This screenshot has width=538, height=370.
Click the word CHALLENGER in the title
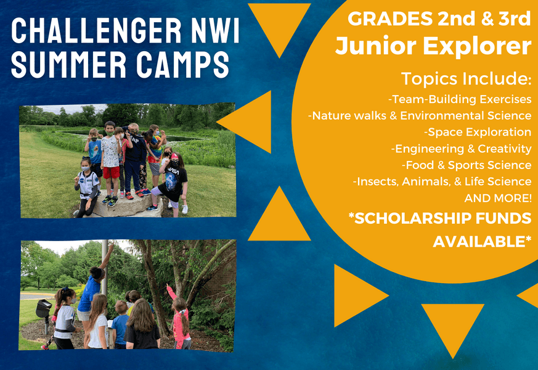[x=96, y=30]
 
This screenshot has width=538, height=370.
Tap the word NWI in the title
[x=215, y=30]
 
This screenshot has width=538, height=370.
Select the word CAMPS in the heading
[x=182, y=65]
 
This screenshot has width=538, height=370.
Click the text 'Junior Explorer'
[x=433, y=46]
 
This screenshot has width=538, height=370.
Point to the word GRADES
[x=391, y=18]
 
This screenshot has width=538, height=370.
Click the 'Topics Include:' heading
[x=467, y=78]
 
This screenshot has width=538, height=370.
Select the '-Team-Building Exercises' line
[x=460, y=99]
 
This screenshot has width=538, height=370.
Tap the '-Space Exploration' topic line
[x=478, y=132]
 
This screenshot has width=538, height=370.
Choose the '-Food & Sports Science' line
[x=467, y=165]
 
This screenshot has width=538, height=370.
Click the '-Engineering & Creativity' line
[x=461, y=149]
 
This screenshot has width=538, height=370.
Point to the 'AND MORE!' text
[x=498, y=198]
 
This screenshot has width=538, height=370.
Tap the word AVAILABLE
[x=479, y=242]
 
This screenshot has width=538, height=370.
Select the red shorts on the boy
[x=112, y=172]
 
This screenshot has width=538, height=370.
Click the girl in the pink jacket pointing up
[x=180, y=316]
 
